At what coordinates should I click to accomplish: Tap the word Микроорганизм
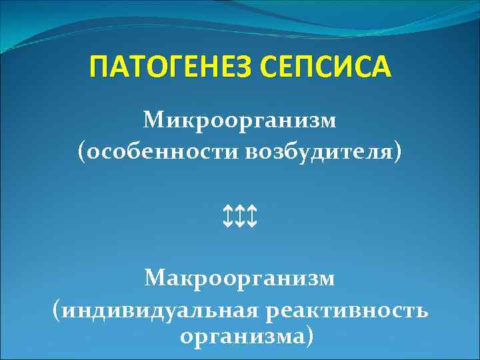tap(240, 121)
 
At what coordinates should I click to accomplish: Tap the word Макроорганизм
tap(240, 277)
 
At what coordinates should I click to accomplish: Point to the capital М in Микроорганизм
tap(152, 121)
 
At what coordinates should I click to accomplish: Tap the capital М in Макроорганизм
tap(154, 277)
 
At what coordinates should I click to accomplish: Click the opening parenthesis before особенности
tap(81, 153)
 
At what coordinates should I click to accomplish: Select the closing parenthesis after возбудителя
tap(399, 153)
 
